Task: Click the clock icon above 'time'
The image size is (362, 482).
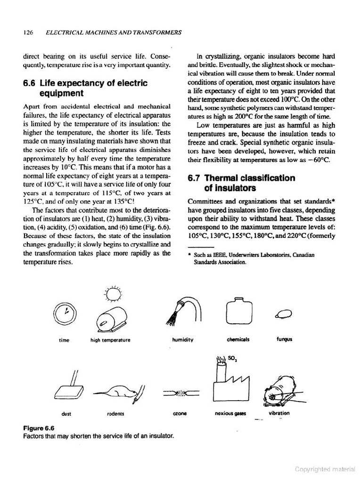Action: point(66,312)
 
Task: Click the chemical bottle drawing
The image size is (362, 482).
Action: point(238,311)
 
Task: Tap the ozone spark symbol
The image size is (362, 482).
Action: point(181,392)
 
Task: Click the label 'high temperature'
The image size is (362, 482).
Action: point(110,339)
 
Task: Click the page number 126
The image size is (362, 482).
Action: point(27,32)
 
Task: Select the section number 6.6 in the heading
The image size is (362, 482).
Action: point(30,83)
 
